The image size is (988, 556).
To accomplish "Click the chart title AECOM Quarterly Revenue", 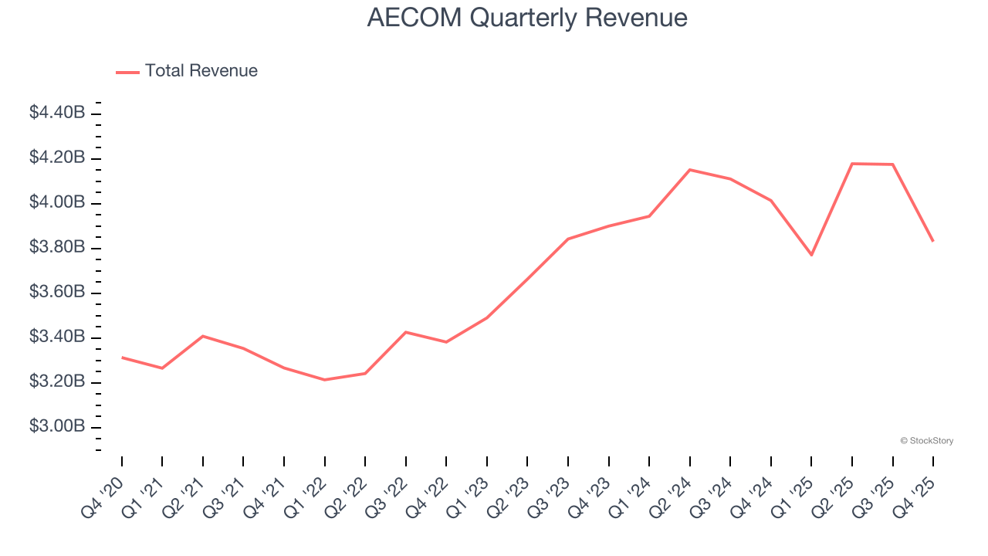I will pos(527,17).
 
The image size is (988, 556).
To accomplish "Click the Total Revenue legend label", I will pos(201,71).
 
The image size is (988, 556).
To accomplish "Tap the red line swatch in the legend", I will pos(127,72).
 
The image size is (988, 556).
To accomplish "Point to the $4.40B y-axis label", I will pos(57,113).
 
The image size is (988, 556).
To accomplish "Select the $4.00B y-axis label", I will pos(57,202).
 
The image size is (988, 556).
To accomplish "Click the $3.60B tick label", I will pos(57,292).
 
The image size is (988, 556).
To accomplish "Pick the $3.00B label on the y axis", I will pos(57,426).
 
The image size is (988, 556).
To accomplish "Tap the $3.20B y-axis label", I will pos(57,381).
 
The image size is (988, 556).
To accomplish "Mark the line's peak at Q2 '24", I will pos(689,170).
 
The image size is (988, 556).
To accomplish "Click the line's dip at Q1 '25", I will pos(811,255).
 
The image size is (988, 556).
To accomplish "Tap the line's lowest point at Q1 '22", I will pos(324,379).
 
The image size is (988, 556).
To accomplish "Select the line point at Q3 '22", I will pos(406,332).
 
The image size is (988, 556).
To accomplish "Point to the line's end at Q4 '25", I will pos(932,241).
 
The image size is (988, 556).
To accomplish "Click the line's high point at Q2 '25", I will pos(852,164).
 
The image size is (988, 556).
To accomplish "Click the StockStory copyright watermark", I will pos(926,441).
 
